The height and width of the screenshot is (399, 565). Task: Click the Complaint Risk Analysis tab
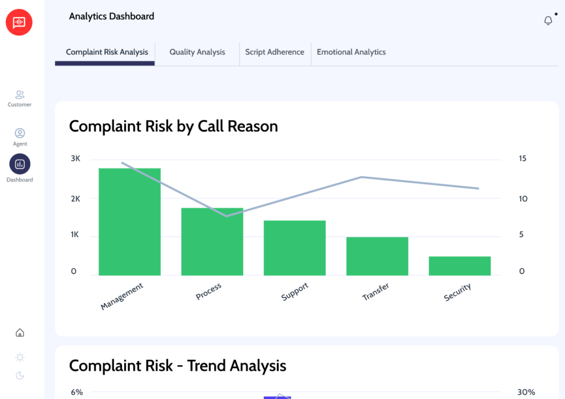tap(107, 52)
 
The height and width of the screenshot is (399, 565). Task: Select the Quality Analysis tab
tap(197, 52)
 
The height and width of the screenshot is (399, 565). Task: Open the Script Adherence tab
tap(274, 52)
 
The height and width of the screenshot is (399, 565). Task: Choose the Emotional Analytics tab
tap(351, 52)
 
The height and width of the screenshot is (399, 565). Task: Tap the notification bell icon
tap(548, 20)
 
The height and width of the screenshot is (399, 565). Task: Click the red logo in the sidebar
tap(19, 22)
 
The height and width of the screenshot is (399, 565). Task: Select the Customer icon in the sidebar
tap(20, 95)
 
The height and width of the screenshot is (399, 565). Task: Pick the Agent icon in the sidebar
tap(20, 134)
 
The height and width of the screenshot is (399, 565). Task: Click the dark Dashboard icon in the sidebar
tap(20, 164)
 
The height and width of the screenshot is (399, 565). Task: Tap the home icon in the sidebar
tap(20, 333)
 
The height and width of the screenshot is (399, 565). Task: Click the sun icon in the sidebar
tap(20, 357)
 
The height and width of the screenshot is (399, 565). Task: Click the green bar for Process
tap(212, 242)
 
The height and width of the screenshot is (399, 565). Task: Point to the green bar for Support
tap(295, 248)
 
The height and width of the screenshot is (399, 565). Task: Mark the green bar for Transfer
tap(377, 256)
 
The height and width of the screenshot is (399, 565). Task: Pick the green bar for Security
tap(460, 265)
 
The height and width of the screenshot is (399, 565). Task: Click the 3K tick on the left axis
tap(76, 159)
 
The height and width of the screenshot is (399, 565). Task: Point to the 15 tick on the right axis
tap(522, 159)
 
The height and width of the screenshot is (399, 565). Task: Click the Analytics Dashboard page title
tap(111, 17)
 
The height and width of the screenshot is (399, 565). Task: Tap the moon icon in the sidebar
tap(20, 376)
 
